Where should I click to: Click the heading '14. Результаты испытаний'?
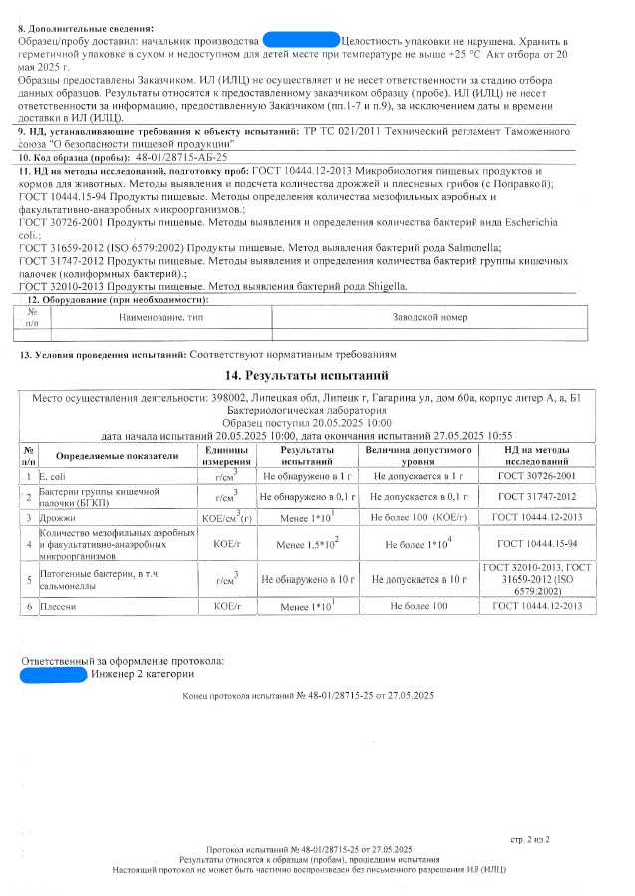316,375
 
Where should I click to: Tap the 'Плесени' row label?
56,605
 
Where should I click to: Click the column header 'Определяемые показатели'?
116,456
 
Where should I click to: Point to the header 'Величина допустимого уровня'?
417,456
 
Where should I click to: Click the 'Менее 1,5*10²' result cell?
308,544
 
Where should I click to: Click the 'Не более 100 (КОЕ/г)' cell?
417,519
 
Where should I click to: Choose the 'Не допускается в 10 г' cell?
417,578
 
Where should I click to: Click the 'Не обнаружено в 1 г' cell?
308,477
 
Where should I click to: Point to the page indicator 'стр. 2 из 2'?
543,840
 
